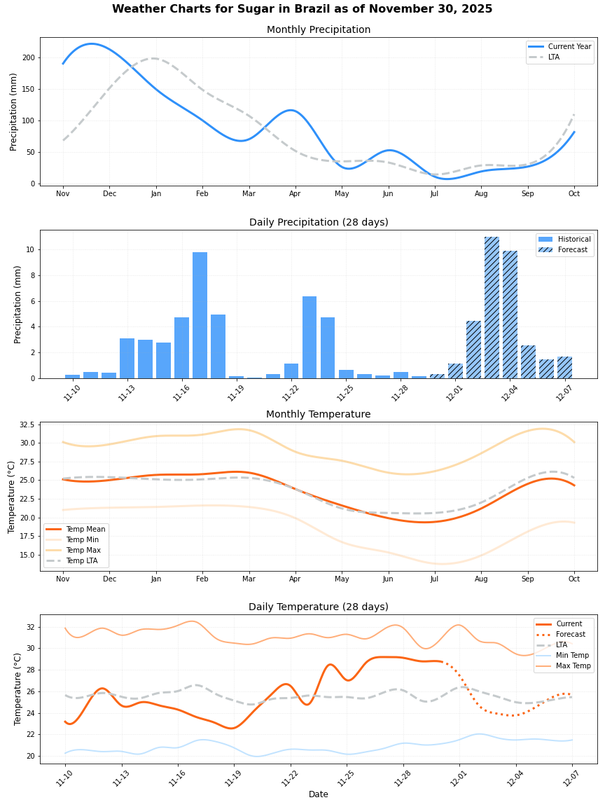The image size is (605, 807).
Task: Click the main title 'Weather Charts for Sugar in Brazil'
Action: pyautogui.click(x=302, y=9)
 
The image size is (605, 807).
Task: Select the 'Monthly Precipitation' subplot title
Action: pyautogui.click(x=319, y=30)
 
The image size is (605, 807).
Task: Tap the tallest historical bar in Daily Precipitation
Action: pyautogui.click(x=200, y=315)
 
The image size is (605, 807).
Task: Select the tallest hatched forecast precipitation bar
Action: pyautogui.click(x=492, y=308)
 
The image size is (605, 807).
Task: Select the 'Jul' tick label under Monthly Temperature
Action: pyautogui.click(x=434, y=579)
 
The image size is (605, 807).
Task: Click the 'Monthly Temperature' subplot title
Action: pyautogui.click(x=319, y=415)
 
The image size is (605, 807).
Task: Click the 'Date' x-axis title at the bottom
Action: pyautogui.click(x=319, y=794)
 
